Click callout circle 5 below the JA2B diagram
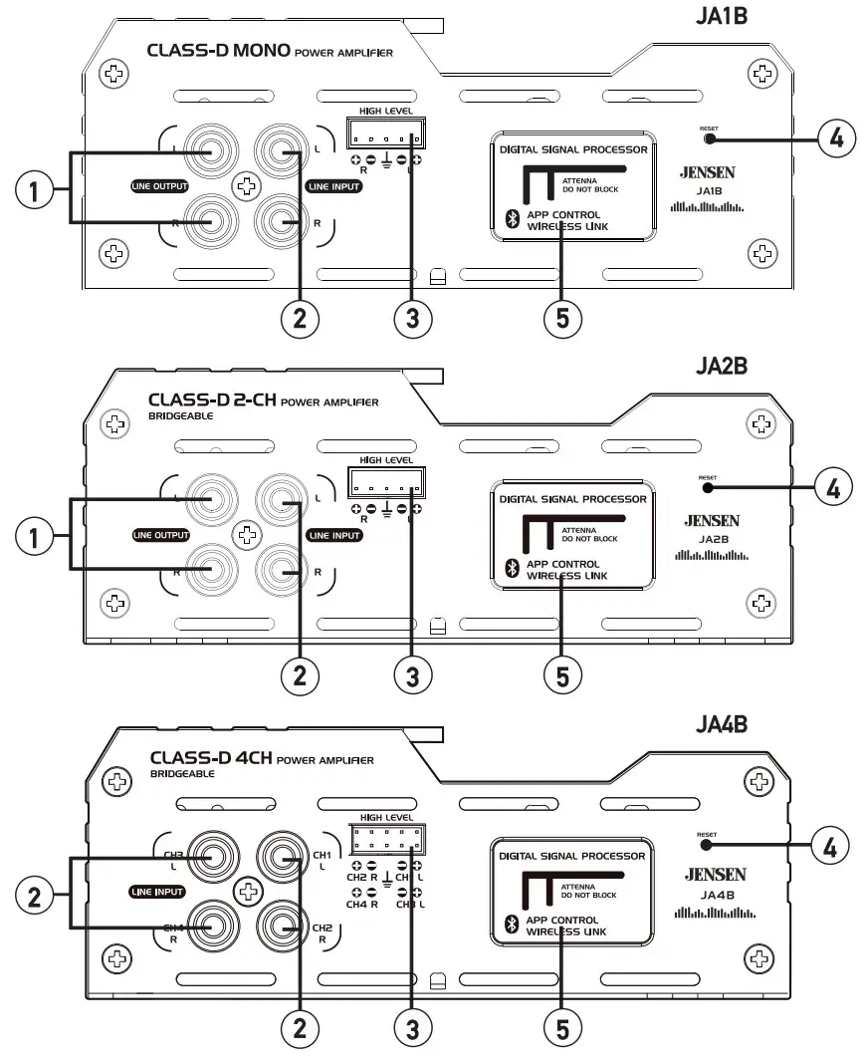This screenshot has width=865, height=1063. click(562, 674)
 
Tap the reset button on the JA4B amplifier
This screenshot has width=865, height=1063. click(707, 845)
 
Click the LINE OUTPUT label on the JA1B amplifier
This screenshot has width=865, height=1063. click(159, 185)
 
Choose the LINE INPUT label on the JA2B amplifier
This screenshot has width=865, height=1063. click(333, 535)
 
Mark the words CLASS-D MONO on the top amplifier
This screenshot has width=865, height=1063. click(219, 50)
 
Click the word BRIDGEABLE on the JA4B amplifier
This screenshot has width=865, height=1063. click(181, 773)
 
